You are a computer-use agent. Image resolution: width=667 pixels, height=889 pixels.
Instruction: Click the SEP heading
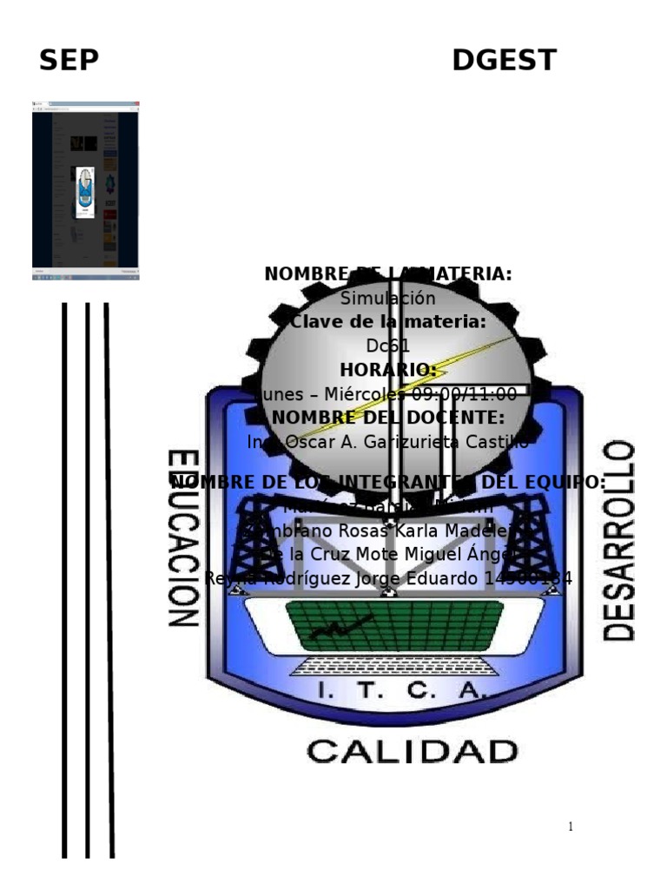[x=69, y=61]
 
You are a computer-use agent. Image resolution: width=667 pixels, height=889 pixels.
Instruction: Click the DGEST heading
[x=504, y=61]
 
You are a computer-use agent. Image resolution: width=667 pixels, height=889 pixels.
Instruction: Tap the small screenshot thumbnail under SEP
[x=85, y=189]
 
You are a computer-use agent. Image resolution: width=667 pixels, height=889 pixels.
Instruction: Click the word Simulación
[x=387, y=299]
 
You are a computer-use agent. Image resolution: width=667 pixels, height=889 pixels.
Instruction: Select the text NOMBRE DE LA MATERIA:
[x=387, y=274]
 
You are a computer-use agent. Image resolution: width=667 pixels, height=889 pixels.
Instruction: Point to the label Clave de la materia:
[x=387, y=322]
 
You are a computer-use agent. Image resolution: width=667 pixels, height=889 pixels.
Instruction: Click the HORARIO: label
[x=387, y=370]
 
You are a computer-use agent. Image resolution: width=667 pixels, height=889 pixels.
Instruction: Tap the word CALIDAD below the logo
[x=412, y=751]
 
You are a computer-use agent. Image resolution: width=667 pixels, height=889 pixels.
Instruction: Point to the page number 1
[x=570, y=826]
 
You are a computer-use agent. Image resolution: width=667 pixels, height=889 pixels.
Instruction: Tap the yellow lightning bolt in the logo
[x=408, y=382]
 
